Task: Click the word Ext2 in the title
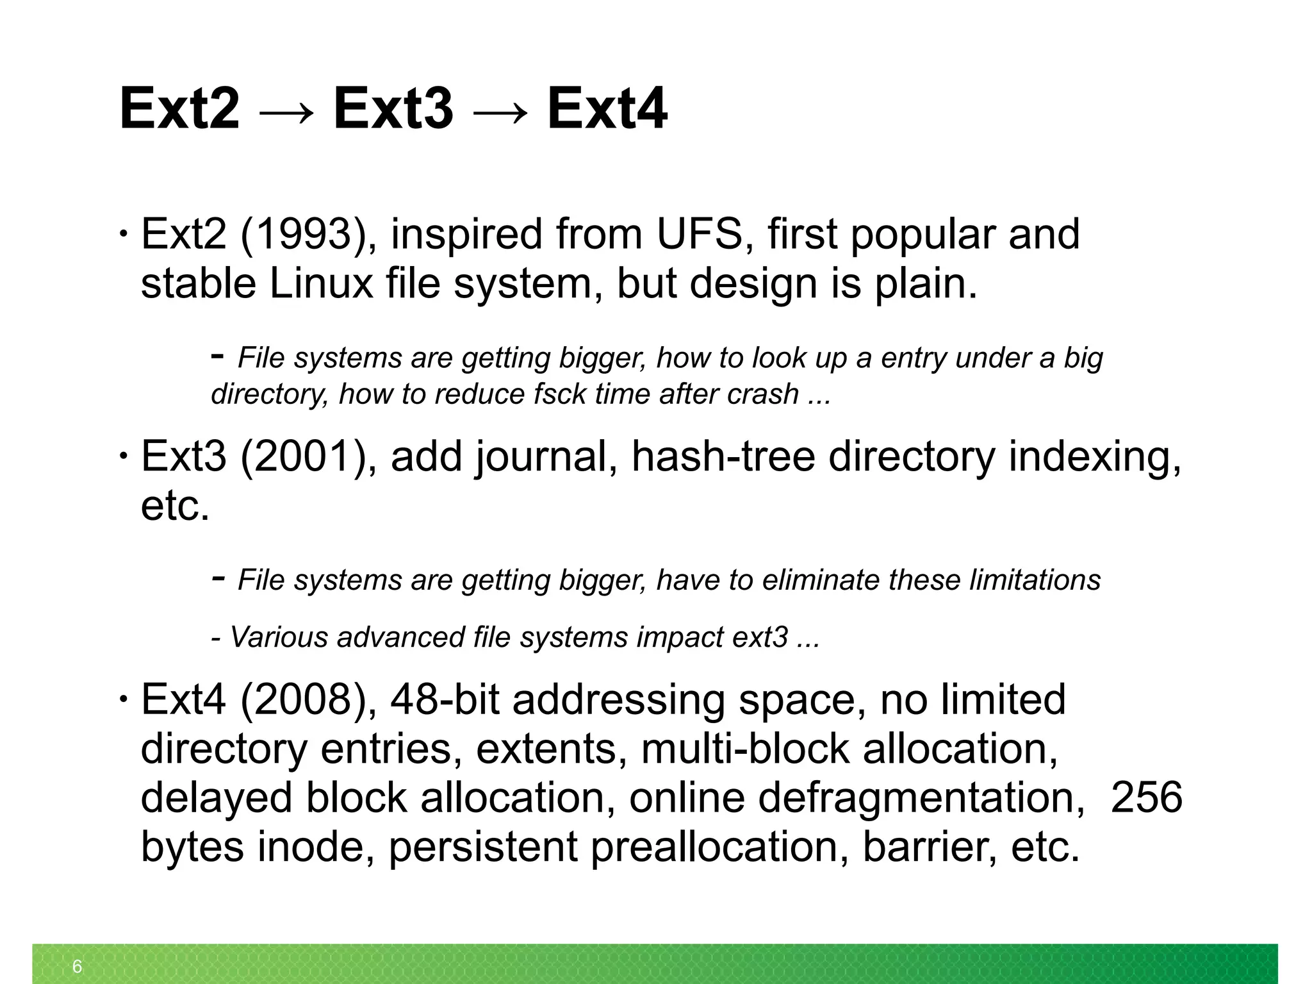point(179,108)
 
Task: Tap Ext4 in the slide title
point(607,108)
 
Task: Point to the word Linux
point(321,283)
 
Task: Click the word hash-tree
point(723,456)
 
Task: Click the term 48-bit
point(445,699)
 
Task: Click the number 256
point(1146,798)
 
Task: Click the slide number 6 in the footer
point(78,966)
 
